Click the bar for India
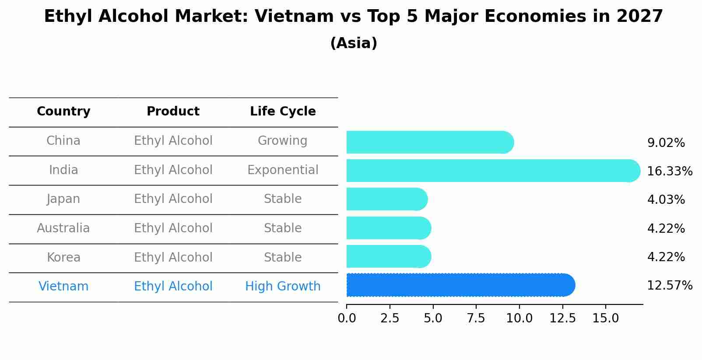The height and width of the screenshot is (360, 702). [x=493, y=171]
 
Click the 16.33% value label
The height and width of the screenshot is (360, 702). [x=669, y=171]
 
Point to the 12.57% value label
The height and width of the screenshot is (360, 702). [x=669, y=286]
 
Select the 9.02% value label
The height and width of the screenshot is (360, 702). [x=666, y=143]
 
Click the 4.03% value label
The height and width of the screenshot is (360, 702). [x=666, y=200]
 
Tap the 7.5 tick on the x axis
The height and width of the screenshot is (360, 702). [x=476, y=318]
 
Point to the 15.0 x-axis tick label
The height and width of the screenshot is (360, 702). [x=605, y=318]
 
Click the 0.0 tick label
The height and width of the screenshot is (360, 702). [x=347, y=318]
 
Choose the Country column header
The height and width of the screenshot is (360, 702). [x=63, y=112]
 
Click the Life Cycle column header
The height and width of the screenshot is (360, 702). [x=283, y=112]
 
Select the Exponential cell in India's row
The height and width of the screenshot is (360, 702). [x=283, y=170]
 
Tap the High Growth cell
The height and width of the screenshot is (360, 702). [x=283, y=287]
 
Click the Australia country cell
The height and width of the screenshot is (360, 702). [x=63, y=228]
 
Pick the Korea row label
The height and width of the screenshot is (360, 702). [x=63, y=258]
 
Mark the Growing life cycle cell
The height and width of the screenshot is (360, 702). [x=283, y=141]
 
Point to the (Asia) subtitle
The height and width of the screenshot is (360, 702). [x=354, y=43]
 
